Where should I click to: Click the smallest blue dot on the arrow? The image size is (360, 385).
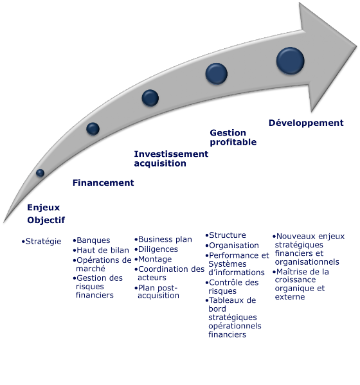pos(40,173)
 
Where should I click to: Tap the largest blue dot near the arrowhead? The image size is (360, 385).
pos(291,60)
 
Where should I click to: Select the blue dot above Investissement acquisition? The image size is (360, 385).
pos(150,98)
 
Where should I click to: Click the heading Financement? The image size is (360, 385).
pos(103,183)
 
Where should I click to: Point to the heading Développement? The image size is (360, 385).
pos(306,123)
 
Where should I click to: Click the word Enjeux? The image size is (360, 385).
pos(44,208)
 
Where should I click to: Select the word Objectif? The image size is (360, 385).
pos(46,220)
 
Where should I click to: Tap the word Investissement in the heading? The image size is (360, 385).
pos(171,154)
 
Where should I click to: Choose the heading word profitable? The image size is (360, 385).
pos(233,143)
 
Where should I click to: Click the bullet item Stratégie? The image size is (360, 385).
pos(43,242)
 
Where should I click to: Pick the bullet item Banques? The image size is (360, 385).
pos(93,240)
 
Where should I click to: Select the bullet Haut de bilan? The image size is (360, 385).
pos(103,250)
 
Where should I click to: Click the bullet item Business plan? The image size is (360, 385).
pos(165,239)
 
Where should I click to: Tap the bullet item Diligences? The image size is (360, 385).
pos(158,249)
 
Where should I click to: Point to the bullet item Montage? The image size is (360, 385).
pos(155,259)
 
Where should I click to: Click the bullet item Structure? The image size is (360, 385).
pos(228,235)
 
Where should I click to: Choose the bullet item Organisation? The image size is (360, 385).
pos(234,246)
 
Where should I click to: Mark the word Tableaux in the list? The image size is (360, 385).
pos(225,300)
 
